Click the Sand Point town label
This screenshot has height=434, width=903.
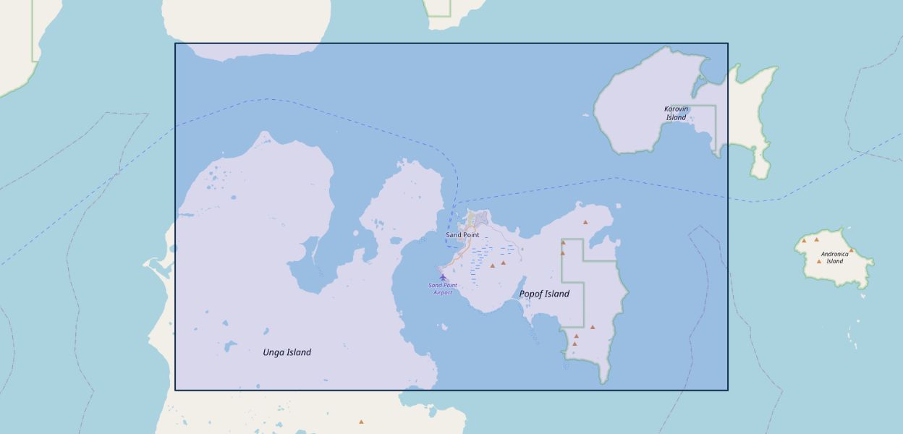(x=462, y=235)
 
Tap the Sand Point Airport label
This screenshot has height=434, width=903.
(x=442, y=289)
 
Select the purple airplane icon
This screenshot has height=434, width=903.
(x=443, y=277)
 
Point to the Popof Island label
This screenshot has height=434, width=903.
(x=544, y=294)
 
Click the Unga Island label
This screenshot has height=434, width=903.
(x=287, y=352)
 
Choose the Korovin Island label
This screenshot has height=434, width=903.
(x=676, y=113)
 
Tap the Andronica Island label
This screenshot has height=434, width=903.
(x=834, y=258)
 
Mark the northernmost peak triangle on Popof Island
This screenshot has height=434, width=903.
(x=585, y=222)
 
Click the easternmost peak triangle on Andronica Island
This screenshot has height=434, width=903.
(x=852, y=250)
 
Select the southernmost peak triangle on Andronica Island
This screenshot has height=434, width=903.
(x=819, y=261)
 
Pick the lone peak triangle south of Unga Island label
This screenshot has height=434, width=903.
(x=361, y=422)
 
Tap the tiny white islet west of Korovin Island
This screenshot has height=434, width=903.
(x=586, y=114)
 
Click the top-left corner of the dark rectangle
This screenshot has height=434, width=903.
(x=175, y=43)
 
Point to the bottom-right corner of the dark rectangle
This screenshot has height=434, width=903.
(x=727, y=390)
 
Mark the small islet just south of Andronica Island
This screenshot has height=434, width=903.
(x=862, y=295)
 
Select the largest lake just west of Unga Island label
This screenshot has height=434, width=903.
(x=230, y=346)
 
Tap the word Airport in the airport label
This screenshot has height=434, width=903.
(x=442, y=293)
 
